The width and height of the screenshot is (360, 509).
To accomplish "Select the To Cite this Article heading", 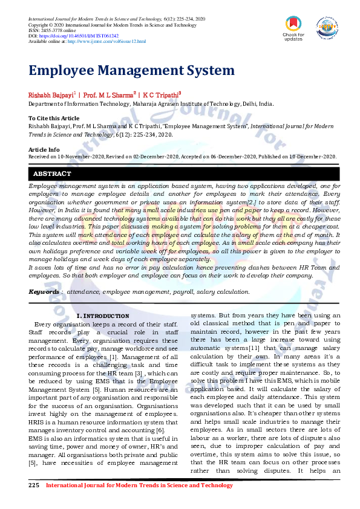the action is pos(54,118).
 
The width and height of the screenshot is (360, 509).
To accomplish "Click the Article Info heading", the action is pos(44,149).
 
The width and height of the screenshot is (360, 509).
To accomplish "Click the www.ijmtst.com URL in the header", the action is pos(106,41).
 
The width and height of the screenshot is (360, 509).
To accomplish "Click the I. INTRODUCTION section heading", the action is pos(102,316).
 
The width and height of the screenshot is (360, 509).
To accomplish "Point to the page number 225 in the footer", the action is pos(34,485).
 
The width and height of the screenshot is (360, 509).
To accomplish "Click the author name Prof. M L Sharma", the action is pos(109,96).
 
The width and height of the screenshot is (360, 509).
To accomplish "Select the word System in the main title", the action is pos(203,71).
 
